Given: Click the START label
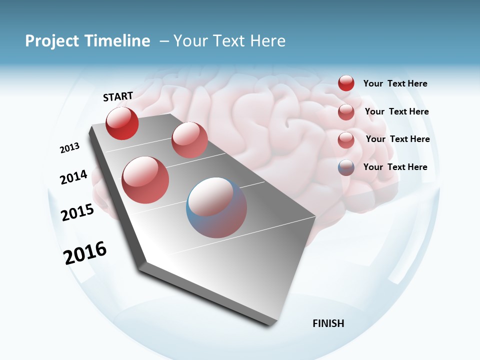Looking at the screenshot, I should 118,96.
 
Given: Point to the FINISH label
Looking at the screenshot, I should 328,323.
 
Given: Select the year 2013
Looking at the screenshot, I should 69,148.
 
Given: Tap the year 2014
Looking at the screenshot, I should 73,177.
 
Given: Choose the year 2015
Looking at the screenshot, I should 77,212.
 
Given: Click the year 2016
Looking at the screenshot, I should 85,253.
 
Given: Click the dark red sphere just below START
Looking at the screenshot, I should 122,123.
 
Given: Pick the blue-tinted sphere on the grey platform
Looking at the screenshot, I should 216,207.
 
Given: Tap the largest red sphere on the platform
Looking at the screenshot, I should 145,180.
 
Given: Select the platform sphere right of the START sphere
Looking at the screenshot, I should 189,140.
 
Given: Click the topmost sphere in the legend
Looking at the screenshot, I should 346,83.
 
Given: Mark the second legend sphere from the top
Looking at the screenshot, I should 346,112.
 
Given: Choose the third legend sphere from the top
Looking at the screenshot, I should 346,140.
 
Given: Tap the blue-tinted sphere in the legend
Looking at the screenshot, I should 346,167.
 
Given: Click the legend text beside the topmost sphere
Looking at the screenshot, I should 395,84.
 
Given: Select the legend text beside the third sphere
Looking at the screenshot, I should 397,139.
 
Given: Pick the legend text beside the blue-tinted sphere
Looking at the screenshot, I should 395,167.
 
